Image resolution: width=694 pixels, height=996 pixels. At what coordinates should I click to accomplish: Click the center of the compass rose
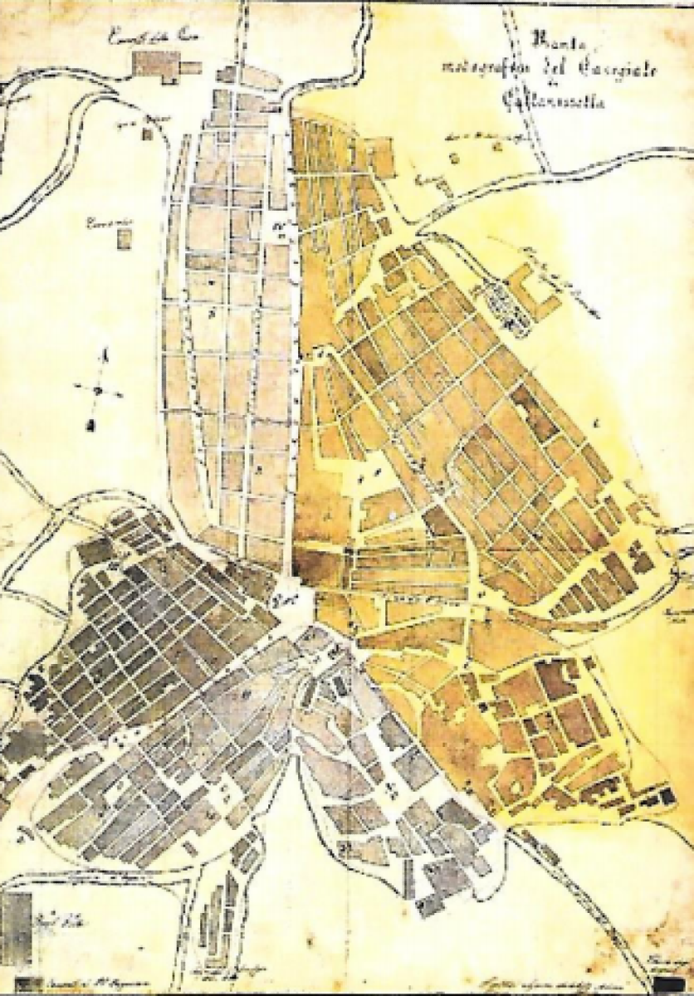(x=98, y=388)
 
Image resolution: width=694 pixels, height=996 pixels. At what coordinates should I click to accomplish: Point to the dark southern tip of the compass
(x=93, y=423)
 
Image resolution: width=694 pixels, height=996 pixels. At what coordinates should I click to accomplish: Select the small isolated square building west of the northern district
(x=124, y=239)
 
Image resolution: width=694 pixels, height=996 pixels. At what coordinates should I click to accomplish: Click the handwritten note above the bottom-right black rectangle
(x=670, y=964)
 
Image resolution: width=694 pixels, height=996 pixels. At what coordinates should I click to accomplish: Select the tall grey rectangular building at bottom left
(x=17, y=922)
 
